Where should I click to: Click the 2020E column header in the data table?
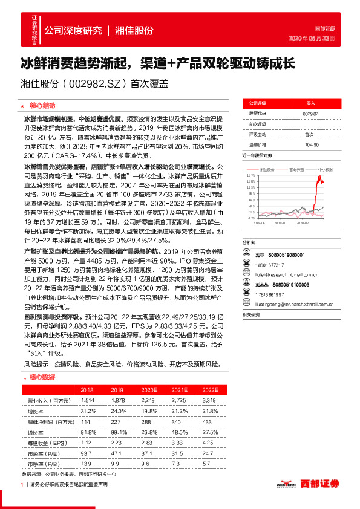149,390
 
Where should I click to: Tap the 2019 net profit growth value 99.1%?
117,432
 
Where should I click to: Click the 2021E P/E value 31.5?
177,453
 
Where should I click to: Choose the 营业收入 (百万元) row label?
49,400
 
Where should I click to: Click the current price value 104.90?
312,144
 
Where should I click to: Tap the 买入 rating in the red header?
311,103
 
